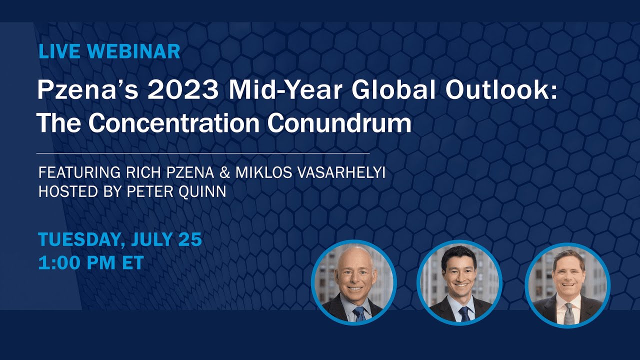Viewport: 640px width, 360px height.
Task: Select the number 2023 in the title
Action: pyautogui.click(x=182, y=90)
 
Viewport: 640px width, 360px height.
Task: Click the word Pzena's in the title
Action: pyautogui.click(x=88, y=90)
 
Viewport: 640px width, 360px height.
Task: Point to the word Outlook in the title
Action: pyautogui.click(x=497, y=90)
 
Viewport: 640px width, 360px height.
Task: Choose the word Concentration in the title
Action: pyautogui.click(x=173, y=123)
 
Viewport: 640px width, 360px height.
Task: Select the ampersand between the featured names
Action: pyautogui.click(x=225, y=172)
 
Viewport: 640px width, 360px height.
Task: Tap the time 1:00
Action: pyautogui.click(x=59, y=262)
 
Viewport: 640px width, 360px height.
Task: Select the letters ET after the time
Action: pyautogui.click(x=133, y=262)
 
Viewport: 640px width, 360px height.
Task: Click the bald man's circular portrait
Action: pyautogui.click(x=354, y=282)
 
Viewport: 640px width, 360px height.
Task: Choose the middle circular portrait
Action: pyautogui.click(x=459, y=282)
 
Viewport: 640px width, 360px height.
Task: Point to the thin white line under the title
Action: pyautogui.click(x=203, y=153)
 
